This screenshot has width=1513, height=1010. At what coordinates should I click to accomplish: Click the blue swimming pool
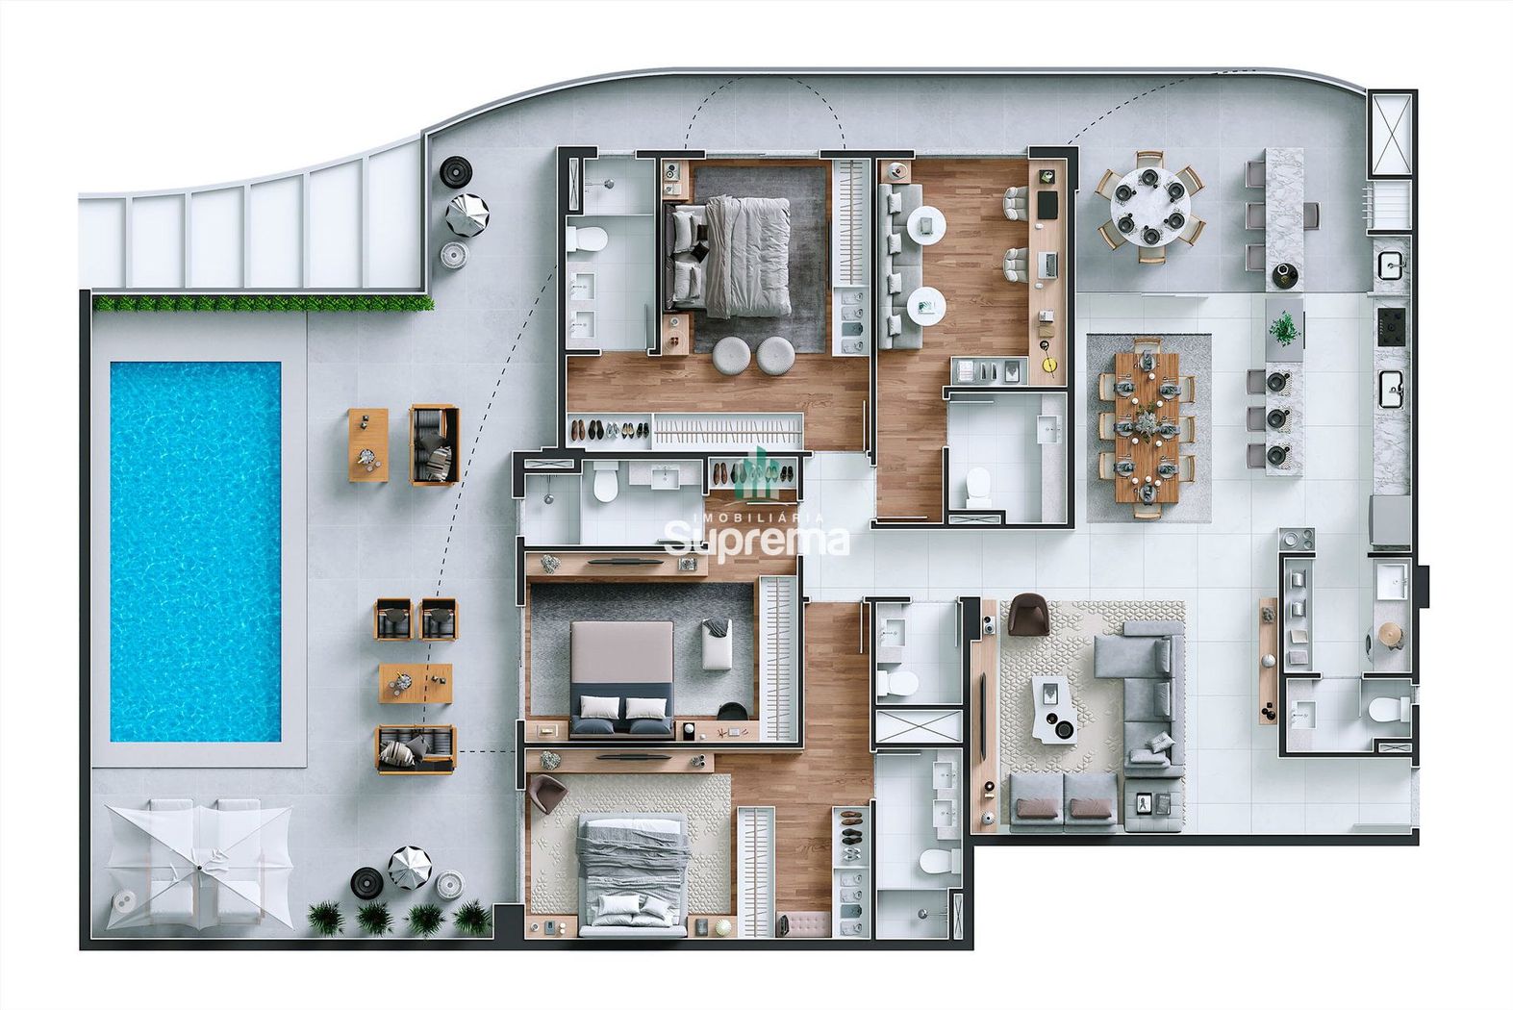195,551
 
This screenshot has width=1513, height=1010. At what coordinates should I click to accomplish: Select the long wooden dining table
1147,428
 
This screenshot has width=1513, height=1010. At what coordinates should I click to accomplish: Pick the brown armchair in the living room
1026,614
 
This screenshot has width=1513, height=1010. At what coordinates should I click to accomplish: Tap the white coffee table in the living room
1054,707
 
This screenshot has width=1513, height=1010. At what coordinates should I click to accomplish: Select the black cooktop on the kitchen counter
1392,327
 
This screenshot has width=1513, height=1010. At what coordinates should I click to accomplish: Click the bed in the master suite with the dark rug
728,257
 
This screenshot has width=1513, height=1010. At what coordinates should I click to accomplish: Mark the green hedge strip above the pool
263,303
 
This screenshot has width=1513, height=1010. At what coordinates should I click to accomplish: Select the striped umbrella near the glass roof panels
467,215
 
